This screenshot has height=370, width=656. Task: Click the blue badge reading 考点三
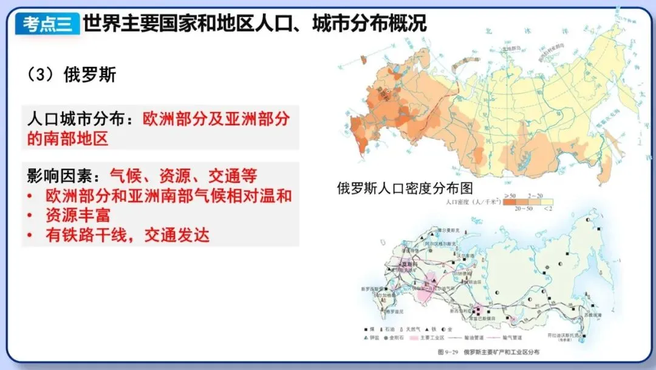pos(48,24)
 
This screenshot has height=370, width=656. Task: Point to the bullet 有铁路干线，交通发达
pos(127,236)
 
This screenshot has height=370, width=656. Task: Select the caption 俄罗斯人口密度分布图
pos(405,188)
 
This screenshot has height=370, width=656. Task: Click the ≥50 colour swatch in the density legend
pos(508,200)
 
